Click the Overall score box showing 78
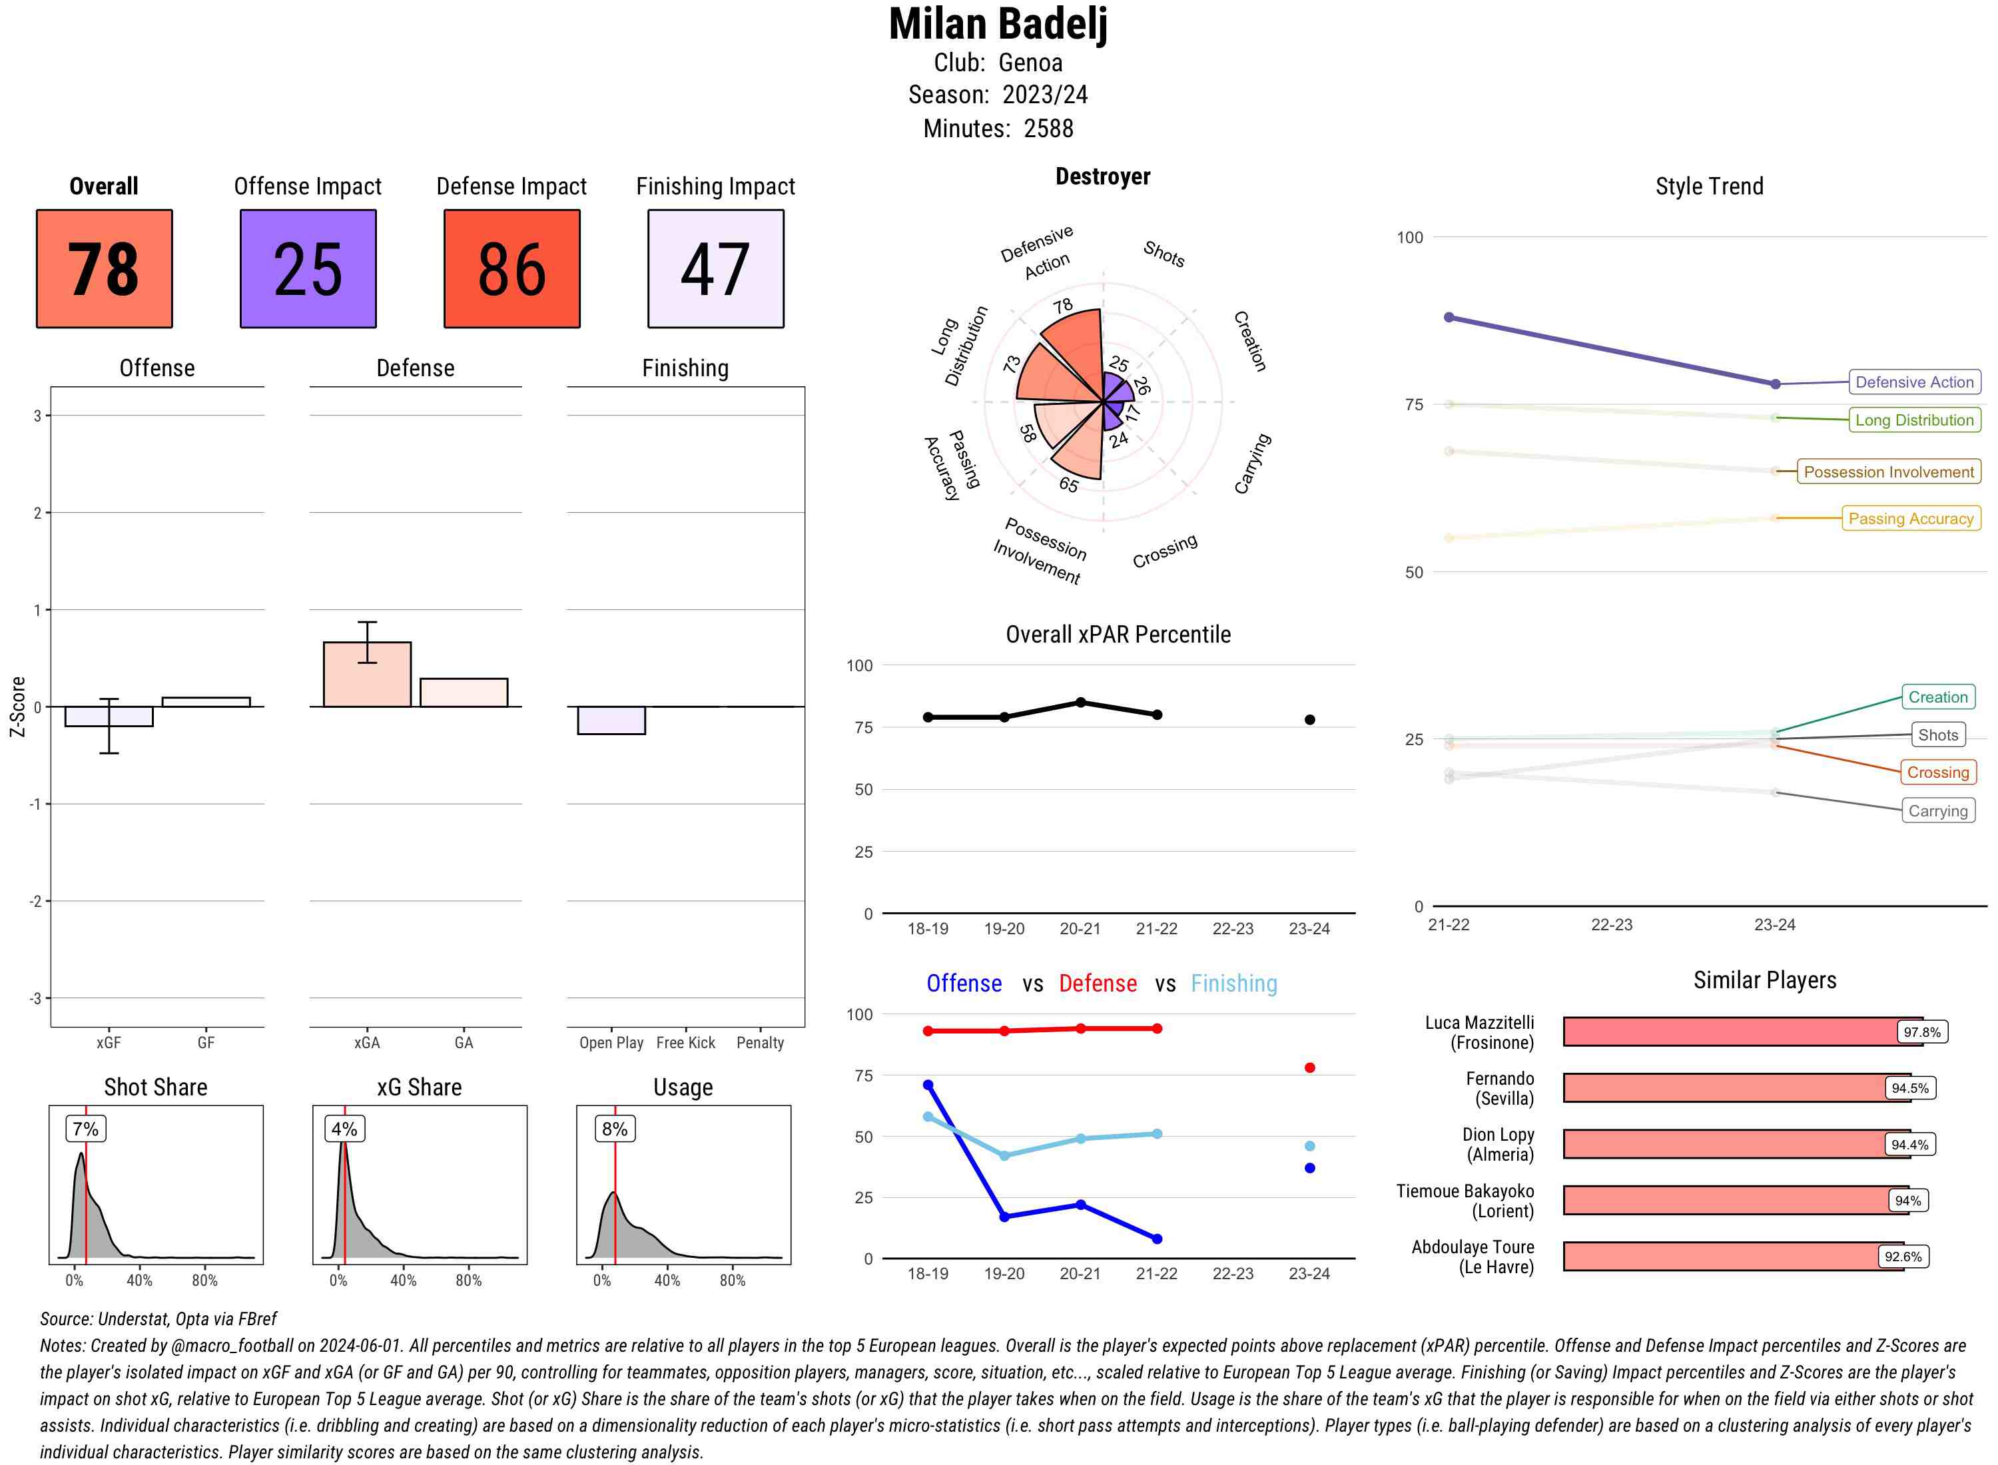pyautogui.click(x=104, y=269)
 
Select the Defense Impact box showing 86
pyautogui.click(x=511, y=269)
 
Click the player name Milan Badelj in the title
pyautogui.click(x=998, y=25)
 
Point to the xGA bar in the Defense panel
pyautogui.click(x=367, y=675)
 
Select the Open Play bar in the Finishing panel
pyautogui.click(x=611, y=720)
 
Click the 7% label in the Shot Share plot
pyautogui.click(x=85, y=1129)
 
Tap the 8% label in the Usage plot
pyautogui.click(x=615, y=1129)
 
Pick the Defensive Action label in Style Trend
pyautogui.click(x=1914, y=382)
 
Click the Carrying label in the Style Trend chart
pyautogui.click(x=1937, y=810)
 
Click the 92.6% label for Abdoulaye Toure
pyautogui.click(x=1902, y=1257)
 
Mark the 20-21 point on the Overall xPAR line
pyautogui.click(x=1080, y=703)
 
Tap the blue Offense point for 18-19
pyautogui.click(x=928, y=1085)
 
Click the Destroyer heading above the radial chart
pyautogui.click(x=1102, y=176)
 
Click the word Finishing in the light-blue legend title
pyautogui.click(x=1233, y=984)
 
